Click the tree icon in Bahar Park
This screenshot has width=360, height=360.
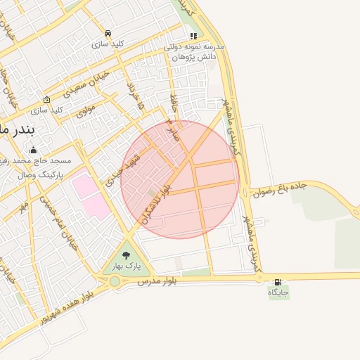click(127, 256)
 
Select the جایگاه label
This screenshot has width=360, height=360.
click(278, 291)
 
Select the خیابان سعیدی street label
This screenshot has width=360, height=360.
click(89, 84)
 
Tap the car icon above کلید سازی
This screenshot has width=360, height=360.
click(108, 33)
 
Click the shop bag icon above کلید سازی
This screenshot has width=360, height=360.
click(46, 100)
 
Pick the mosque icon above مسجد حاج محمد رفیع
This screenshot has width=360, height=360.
click(33, 150)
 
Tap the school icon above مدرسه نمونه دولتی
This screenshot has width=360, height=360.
click(193, 36)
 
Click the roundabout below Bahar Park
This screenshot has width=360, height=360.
click(114, 281)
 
